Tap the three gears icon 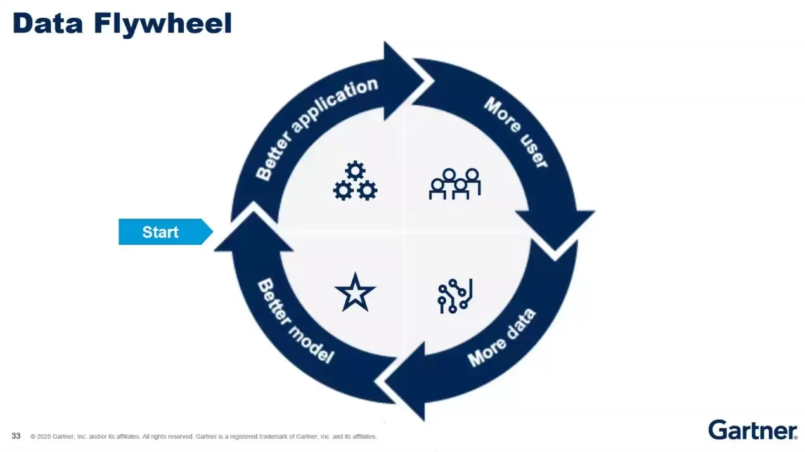coord(355,181)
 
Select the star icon coord(355,293)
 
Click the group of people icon coord(454,184)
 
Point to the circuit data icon coord(455,296)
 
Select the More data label coord(501,338)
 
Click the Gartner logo coord(752,430)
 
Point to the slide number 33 coord(16,436)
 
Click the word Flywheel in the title coord(163,24)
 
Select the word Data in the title coord(48,24)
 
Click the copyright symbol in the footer coord(33,437)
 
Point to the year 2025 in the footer coord(44,437)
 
